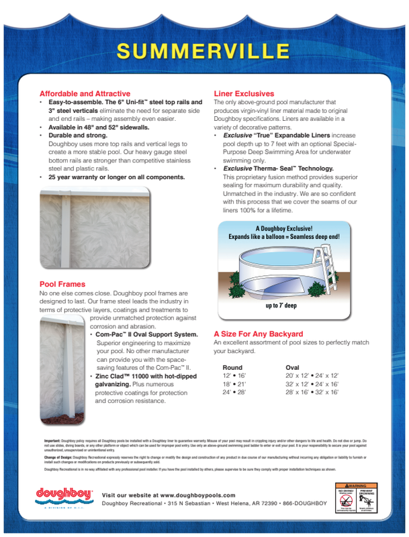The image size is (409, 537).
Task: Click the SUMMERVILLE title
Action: click(204, 51)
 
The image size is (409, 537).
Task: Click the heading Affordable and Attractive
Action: click(85, 93)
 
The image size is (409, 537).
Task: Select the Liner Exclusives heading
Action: click(244, 93)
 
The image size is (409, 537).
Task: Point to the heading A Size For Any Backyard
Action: click(258, 334)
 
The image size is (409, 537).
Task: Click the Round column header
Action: click(232, 367)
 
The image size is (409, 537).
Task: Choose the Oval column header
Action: click(293, 367)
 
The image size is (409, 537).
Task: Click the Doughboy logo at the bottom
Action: click(64, 495)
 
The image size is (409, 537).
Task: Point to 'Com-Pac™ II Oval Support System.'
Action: click(146, 334)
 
